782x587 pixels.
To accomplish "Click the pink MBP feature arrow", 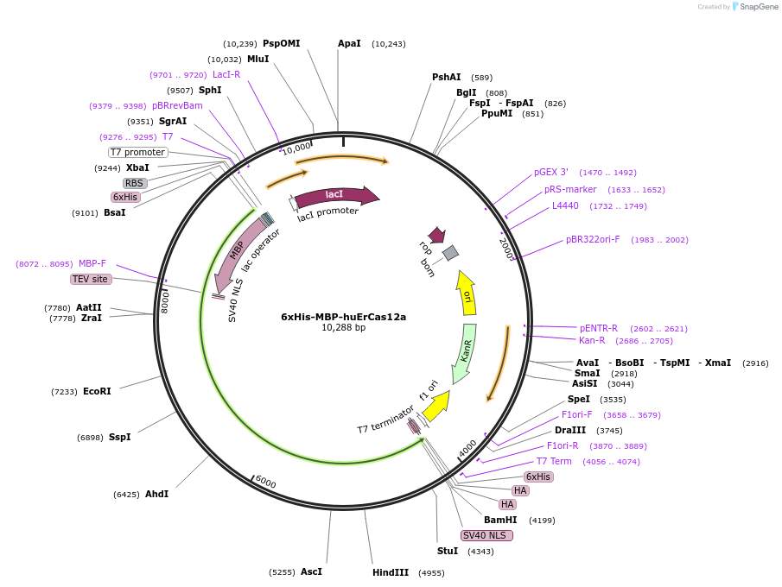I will [232, 255].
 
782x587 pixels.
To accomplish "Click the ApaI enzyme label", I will [349, 43].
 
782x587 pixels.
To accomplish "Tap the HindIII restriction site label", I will [391, 572].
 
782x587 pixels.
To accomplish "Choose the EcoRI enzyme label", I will [97, 391].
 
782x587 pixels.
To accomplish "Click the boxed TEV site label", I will [91, 279].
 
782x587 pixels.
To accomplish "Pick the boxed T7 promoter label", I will [137, 152].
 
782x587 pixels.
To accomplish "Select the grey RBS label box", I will [134, 183].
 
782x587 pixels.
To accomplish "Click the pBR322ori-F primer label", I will [593, 239].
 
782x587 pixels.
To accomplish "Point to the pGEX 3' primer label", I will [551, 172].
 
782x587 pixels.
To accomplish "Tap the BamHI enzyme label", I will [500, 520].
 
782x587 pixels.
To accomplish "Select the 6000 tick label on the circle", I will [265, 482].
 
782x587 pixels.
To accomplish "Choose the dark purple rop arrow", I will [437, 235].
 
